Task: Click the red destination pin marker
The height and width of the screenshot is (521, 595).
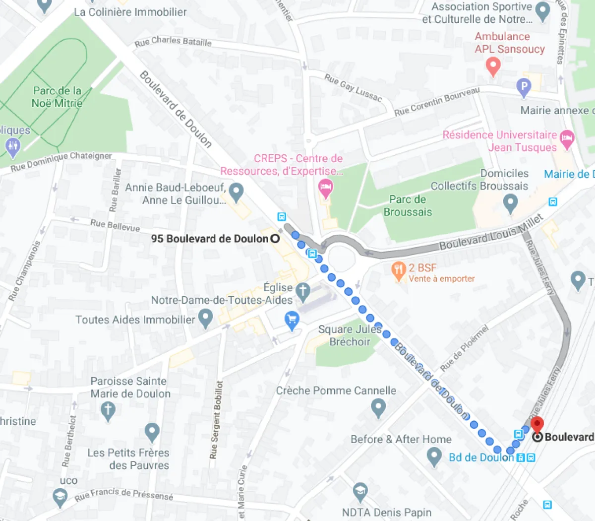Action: click(537, 426)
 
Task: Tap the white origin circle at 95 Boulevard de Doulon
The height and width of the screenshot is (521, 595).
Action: click(275, 239)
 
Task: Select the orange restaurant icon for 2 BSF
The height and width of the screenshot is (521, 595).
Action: click(399, 270)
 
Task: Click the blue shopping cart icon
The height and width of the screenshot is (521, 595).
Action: click(292, 320)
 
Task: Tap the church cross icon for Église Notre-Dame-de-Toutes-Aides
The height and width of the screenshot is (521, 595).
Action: click(303, 291)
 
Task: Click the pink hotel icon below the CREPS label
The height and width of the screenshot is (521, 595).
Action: click(326, 188)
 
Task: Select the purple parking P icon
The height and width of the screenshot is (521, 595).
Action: click(524, 87)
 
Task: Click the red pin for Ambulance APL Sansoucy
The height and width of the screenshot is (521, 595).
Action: click(493, 65)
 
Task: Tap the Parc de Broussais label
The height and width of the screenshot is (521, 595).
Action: click(408, 205)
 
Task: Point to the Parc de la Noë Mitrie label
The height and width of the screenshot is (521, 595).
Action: click(57, 97)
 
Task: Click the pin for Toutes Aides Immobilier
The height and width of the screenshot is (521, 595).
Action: click(205, 318)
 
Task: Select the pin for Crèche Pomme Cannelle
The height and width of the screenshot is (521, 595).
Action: click(378, 408)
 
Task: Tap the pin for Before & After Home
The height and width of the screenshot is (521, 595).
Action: click(434, 456)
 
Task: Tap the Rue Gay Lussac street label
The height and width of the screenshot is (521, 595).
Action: click(353, 88)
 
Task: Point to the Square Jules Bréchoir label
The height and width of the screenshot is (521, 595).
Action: click(350, 335)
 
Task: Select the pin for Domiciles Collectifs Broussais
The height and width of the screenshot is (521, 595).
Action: click(510, 202)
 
